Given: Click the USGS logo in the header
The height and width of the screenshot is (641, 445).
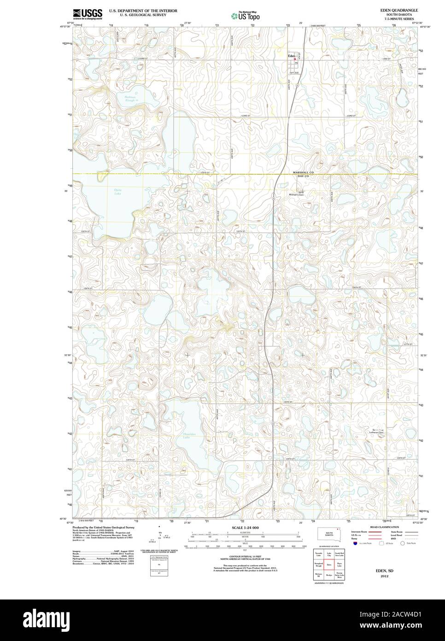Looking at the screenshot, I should click(88, 13).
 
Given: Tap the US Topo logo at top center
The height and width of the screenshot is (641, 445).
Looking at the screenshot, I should click(246, 16).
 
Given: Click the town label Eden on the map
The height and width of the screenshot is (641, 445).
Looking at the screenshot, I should click(291, 56).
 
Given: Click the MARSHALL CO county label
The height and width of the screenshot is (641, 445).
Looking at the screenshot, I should click(303, 172).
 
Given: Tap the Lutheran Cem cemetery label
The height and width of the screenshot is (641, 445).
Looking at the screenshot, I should click(378, 432).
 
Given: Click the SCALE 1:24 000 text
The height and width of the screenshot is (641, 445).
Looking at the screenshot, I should click(245, 527).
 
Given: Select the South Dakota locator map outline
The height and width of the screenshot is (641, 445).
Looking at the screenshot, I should click(329, 534).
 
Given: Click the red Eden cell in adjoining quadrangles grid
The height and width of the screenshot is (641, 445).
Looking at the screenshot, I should click(329, 563).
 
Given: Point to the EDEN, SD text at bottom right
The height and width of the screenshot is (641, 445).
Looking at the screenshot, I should click(381, 570).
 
